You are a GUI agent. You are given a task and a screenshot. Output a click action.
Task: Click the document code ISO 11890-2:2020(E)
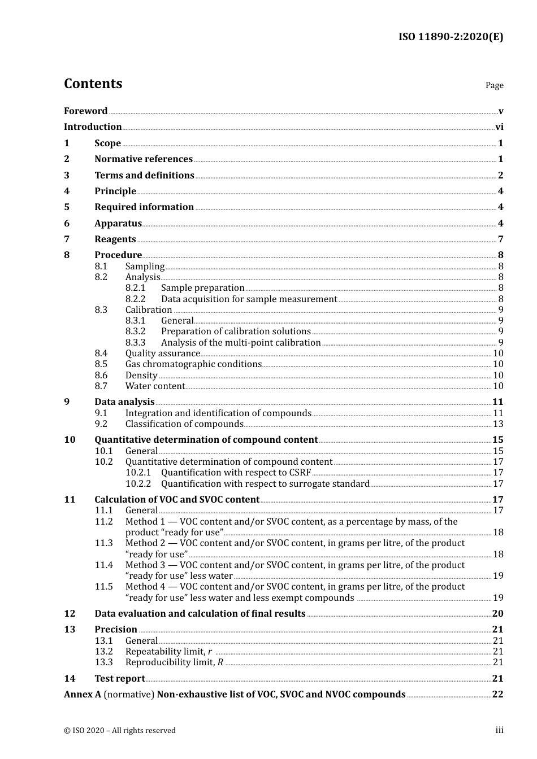tap(451, 37)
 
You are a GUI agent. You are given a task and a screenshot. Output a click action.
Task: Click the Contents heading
tap(93, 84)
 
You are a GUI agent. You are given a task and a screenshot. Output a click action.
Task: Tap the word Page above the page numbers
tap(494, 85)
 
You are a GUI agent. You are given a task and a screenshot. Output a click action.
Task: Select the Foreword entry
tap(85, 111)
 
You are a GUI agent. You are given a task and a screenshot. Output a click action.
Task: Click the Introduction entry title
tap(93, 127)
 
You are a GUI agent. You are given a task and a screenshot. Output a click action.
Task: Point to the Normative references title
tap(144, 159)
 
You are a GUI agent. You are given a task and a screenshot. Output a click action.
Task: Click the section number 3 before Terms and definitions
tap(67, 176)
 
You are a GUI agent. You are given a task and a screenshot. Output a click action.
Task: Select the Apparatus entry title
tap(118, 224)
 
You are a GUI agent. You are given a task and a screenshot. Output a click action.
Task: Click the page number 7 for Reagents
tap(500, 239)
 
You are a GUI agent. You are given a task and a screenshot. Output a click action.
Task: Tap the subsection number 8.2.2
tap(135, 299)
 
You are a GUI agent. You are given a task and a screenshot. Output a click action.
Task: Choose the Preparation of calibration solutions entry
tap(236, 331)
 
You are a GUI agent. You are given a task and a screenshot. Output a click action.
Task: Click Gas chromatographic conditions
tap(193, 364)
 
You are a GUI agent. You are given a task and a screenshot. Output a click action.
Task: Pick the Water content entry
tap(155, 386)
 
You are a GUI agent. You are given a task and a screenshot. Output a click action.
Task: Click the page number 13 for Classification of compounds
tap(498, 424)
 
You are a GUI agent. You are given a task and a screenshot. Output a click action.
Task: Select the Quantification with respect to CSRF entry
tap(236, 473)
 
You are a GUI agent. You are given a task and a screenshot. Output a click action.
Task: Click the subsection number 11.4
tap(103, 565)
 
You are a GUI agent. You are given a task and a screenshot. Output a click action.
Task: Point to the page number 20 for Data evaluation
tap(497, 614)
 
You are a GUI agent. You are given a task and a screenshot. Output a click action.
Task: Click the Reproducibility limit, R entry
tap(174, 662)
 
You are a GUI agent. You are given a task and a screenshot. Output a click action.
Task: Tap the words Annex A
tap(82, 695)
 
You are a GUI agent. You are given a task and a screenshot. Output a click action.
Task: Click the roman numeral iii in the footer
tap(499, 730)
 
